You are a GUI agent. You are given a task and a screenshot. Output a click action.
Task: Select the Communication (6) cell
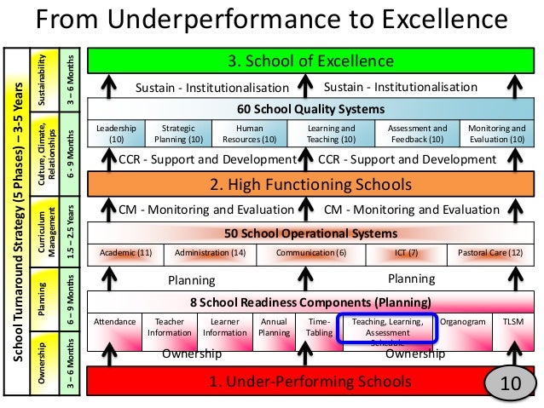click(311, 253)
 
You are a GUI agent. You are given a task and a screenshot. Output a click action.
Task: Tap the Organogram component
click(464, 323)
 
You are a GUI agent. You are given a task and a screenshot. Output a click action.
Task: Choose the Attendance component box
click(114, 323)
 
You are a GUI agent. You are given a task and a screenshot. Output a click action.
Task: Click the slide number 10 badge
click(510, 384)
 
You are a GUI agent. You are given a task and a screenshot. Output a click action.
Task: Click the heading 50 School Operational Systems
click(310, 232)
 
